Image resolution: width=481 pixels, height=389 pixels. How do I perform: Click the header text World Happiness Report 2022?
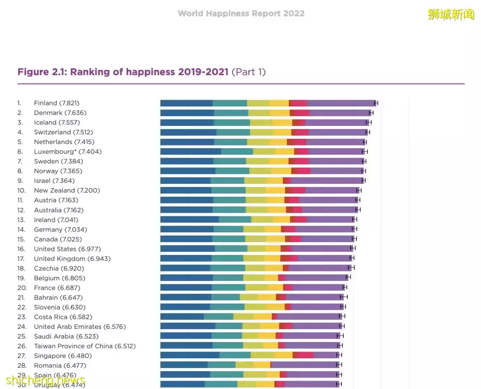tap(241, 13)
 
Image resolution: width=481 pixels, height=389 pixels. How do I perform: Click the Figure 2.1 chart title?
tap(141, 72)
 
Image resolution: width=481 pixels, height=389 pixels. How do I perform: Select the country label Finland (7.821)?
tap(57, 103)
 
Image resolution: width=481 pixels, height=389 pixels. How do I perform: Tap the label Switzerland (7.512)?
tap(63, 132)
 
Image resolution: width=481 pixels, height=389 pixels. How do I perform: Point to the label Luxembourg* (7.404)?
tap(68, 152)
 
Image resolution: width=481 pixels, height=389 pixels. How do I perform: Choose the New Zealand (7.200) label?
tap(67, 190)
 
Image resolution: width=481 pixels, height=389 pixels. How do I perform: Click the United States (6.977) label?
tap(67, 249)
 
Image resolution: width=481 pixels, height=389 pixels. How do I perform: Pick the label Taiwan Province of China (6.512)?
tap(85, 346)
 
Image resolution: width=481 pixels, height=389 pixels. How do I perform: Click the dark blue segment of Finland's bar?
tap(186, 103)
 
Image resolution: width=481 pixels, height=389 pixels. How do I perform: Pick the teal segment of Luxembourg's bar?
tap(237, 152)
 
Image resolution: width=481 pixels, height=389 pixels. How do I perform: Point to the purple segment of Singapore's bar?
tap(326, 355)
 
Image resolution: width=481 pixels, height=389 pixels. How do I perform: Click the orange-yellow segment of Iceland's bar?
tap(282, 122)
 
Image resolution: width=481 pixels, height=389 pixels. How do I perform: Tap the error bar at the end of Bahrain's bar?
tap(344, 297)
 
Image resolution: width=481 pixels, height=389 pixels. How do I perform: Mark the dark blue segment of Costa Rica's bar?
tap(182, 316)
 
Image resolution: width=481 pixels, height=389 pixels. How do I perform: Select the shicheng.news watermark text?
tap(45, 381)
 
